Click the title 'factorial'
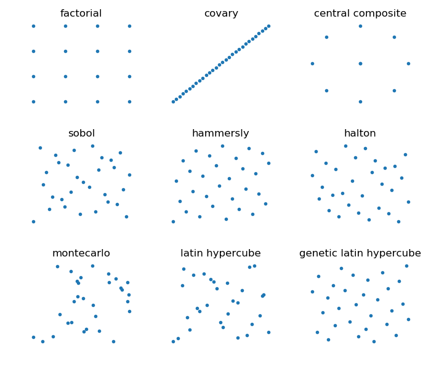81,13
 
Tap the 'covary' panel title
221,14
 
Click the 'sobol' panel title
82,133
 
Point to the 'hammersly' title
220,133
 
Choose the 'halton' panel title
360,133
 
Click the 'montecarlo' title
81,253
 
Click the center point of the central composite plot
360,64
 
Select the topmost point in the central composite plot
360,26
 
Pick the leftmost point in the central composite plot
312,64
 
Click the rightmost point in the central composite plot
408,64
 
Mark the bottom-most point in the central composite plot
360,102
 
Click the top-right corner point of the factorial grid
129,26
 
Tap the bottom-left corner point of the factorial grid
33,102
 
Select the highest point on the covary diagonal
269,26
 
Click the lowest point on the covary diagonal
173,102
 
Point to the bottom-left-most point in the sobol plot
33,221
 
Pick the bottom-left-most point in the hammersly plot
173,221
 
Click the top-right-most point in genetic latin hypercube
406,266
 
